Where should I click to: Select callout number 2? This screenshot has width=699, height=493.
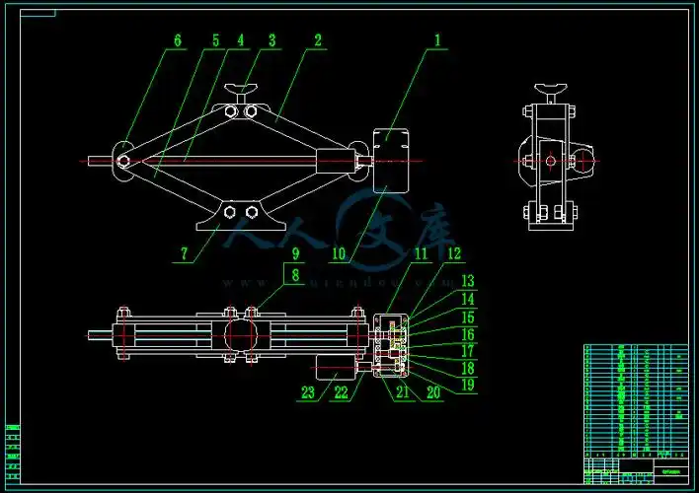317,41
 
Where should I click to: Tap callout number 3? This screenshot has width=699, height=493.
272,41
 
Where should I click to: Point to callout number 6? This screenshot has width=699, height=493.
178,41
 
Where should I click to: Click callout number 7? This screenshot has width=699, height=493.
184,253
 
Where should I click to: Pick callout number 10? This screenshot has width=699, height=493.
339,253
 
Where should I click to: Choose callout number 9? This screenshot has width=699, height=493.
293,253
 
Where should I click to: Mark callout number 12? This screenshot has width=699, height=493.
454,253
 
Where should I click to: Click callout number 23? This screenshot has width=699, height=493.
308,392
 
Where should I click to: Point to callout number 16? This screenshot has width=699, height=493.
468,335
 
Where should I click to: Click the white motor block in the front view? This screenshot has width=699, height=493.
391,159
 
